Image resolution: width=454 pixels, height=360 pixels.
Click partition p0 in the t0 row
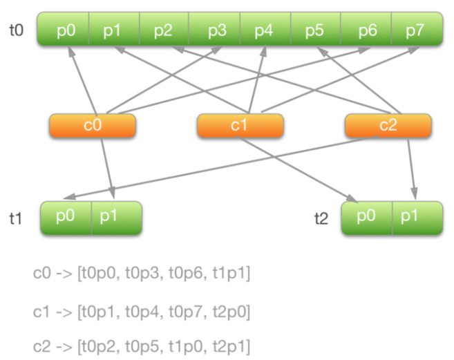pos(63,30)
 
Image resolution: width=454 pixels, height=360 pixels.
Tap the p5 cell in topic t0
pos(315,30)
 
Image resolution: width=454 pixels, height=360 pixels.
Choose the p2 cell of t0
pos(164,30)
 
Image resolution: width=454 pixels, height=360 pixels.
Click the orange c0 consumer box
pos(92,126)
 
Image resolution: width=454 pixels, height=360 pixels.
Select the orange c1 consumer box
pos(240,126)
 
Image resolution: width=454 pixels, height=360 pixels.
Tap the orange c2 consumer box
pos(388,126)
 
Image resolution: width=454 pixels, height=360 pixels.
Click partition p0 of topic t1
pos(66,218)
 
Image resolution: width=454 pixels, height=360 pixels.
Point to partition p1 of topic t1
pos(116,218)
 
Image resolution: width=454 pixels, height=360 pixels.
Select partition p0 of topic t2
pos(367,218)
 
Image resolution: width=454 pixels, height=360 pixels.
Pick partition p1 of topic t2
pos(417,218)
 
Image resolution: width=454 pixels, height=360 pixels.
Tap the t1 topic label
pos(16,219)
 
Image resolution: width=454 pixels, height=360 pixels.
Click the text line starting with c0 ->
pos(141,275)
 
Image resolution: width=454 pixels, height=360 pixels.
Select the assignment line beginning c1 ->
pos(141,312)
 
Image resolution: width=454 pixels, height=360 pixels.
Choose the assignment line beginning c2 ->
pos(141,346)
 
